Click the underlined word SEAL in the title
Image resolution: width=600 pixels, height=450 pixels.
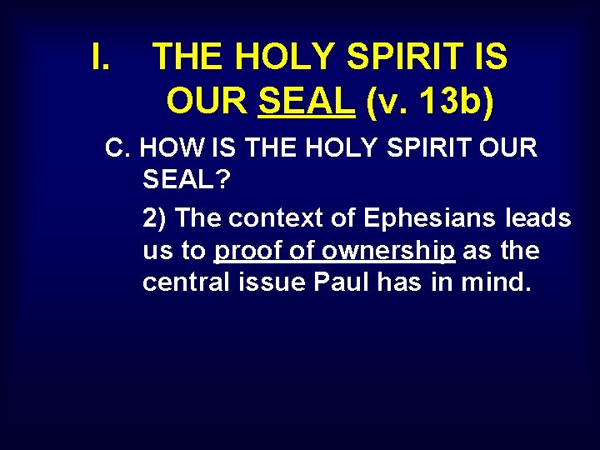pyautogui.click(x=307, y=101)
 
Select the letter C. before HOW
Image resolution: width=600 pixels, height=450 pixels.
pyautogui.click(x=118, y=148)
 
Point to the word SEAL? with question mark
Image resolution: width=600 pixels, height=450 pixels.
pyautogui.click(x=180, y=178)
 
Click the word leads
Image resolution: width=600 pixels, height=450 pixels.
pyautogui.click(x=538, y=218)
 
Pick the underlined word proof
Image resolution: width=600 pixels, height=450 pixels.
pyautogui.click(x=247, y=251)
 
